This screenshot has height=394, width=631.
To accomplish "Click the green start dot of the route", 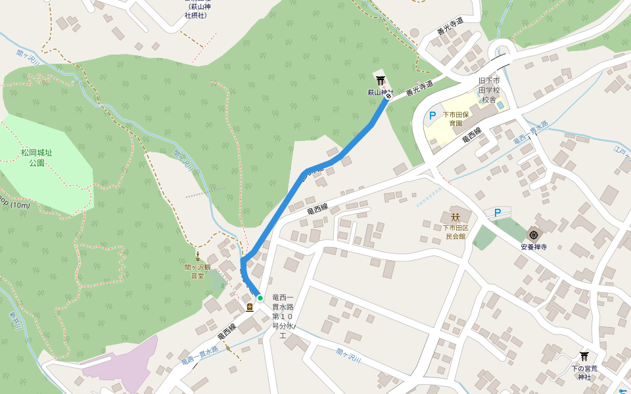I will (260, 298).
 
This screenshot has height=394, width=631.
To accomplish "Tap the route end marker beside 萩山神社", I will (388, 97).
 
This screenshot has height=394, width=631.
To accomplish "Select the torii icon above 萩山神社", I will (381, 80).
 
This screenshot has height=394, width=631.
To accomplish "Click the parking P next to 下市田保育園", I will (432, 116).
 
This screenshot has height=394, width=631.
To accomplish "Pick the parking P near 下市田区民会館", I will (498, 212).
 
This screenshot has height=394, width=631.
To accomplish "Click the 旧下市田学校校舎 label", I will (488, 90).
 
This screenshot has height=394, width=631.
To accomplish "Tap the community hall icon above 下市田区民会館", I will (456, 216).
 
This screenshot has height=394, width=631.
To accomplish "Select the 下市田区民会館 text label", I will (456, 231).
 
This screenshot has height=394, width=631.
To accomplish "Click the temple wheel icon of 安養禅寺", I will (533, 234).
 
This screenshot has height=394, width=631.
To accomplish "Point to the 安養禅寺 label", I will (533, 248).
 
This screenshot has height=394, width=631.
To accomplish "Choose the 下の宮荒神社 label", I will (584, 372).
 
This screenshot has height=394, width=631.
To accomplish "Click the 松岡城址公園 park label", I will (36, 158).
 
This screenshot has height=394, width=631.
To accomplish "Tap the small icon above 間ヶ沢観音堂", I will (197, 254).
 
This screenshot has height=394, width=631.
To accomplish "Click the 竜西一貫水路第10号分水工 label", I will (284, 317).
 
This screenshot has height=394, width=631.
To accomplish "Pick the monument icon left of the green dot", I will (250, 307).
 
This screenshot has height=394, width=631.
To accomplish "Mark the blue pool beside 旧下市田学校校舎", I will (501, 104).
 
